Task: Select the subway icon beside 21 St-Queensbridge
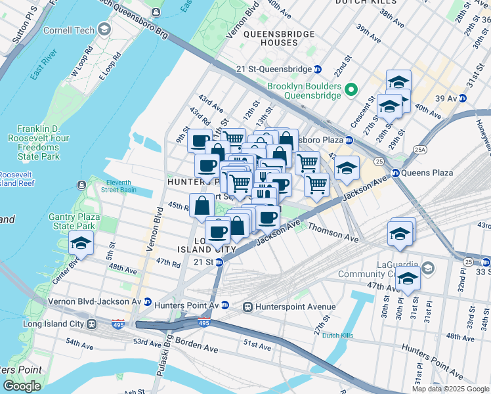tap(317, 69)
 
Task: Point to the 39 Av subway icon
tap(462, 98)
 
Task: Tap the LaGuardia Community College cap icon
tap(428, 268)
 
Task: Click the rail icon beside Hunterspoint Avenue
tap(248, 307)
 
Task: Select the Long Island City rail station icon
tap(93, 324)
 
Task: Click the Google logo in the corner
tap(22, 386)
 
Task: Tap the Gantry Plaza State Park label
tap(73, 221)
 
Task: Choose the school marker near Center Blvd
tap(81, 244)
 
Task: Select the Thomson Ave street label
tap(333, 233)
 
